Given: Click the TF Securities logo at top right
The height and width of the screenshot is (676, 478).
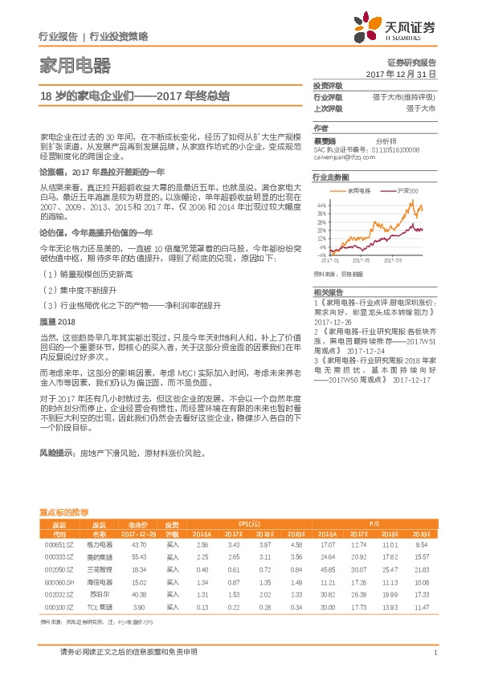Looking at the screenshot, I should (x=400, y=26).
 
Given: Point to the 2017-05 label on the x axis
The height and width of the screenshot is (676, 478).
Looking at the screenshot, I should (x=363, y=260).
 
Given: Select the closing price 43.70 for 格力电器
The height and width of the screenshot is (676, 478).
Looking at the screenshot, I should (x=138, y=545).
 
